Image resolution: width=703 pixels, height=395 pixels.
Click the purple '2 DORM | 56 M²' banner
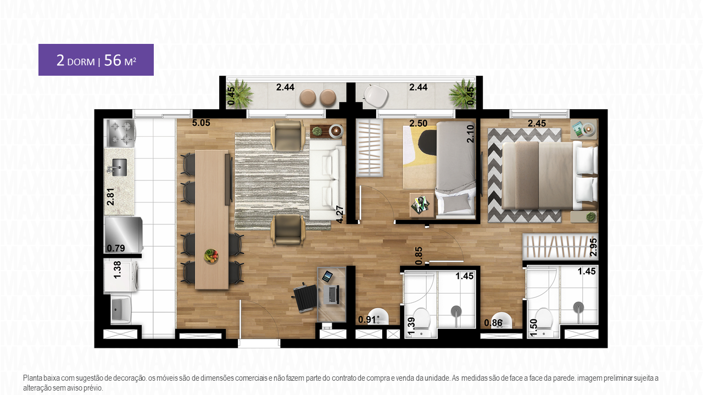point(96,60)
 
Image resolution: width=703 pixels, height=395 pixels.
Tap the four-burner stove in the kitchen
point(120,133)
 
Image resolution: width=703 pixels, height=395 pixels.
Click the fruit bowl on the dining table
point(211,255)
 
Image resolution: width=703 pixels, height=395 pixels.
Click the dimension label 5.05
point(201,123)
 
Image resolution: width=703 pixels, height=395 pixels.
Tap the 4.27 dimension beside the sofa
point(340,215)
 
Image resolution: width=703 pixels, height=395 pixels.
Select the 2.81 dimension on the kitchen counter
point(110,197)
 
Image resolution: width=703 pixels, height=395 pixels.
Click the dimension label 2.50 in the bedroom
point(419,123)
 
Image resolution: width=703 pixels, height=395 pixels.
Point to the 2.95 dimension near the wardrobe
point(593,247)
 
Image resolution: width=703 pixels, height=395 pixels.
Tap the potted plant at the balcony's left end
point(240,93)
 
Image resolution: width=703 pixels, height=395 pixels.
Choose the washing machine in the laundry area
point(121,275)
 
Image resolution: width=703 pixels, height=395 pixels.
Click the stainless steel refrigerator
point(124,234)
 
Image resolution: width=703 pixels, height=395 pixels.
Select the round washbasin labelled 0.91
point(378,317)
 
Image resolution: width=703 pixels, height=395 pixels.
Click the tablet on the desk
point(327,276)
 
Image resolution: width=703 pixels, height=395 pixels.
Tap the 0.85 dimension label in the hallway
point(419,256)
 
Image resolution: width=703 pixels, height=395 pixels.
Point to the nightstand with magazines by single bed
point(422,205)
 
